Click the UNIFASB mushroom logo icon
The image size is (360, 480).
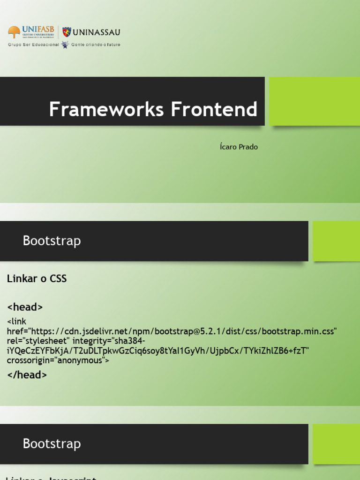[x=14, y=32]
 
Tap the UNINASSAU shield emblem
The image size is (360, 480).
[x=67, y=32]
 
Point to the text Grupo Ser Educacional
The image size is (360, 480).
[x=33, y=45]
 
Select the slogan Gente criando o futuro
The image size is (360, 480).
[x=96, y=45]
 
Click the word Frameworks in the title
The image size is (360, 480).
[x=106, y=110]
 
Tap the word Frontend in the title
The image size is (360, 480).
[x=214, y=110]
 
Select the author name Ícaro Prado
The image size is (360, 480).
[x=239, y=147]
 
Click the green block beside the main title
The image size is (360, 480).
[x=314, y=101]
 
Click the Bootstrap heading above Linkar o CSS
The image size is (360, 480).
[x=52, y=241]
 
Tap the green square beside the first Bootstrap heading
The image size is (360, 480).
[x=336, y=241]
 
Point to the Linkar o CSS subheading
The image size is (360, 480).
[x=37, y=279]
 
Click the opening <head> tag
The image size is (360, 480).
[x=25, y=307]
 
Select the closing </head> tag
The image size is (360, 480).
[x=27, y=375]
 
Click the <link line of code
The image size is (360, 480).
[x=17, y=322]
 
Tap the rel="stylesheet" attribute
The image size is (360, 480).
[x=37, y=341]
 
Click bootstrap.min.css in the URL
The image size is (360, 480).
[x=299, y=331]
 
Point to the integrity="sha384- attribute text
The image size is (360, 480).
[x=109, y=341]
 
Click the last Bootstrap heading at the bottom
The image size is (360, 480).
[x=52, y=443]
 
